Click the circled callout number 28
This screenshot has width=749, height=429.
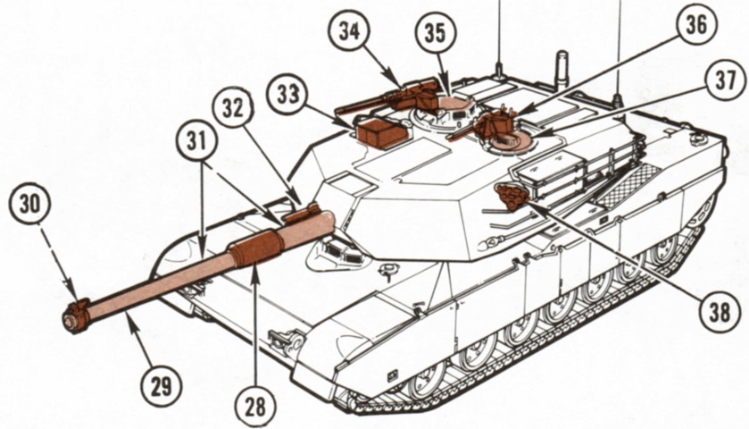point(255,407)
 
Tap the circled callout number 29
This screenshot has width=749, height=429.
point(162,386)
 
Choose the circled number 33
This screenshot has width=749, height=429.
point(288,94)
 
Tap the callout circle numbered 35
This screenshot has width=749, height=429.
point(436,32)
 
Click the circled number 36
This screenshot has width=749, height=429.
point(696,24)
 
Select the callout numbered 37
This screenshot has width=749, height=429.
point(725,80)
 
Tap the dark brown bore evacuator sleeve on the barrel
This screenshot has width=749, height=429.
point(256,247)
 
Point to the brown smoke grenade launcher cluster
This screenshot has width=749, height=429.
point(512,195)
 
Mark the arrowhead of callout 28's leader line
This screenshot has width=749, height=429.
point(255,269)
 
